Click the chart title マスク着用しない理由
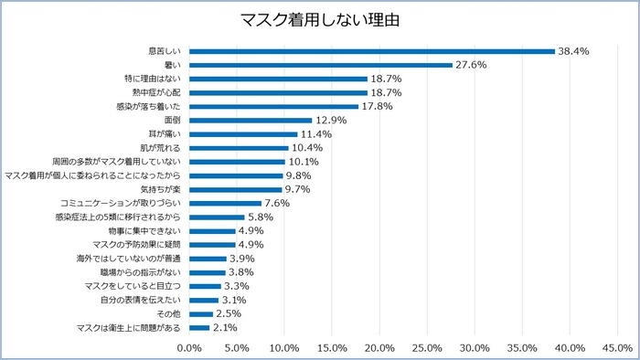click(x=320, y=19)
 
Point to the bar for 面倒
click(x=251, y=120)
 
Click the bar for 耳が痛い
click(x=243, y=133)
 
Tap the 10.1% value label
click(x=304, y=161)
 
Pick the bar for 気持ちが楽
click(x=236, y=189)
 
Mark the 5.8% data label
click(x=259, y=217)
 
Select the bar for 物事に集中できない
click(x=212, y=230)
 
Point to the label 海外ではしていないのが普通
click(x=129, y=259)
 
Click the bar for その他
click(x=201, y=313)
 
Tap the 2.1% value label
click(x=224, y=327)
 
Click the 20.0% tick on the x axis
click(x=379, y=347)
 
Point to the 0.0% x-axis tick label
click(x=189, y=347)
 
